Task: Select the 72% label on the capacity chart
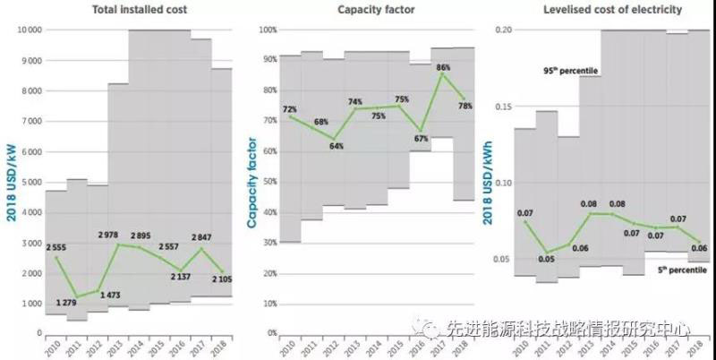click(290, 109)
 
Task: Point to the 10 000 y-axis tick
click(30, 30)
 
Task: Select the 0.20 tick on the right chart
click(504, 30)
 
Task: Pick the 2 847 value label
click(200, 236)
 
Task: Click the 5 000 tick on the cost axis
click(31, 182)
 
